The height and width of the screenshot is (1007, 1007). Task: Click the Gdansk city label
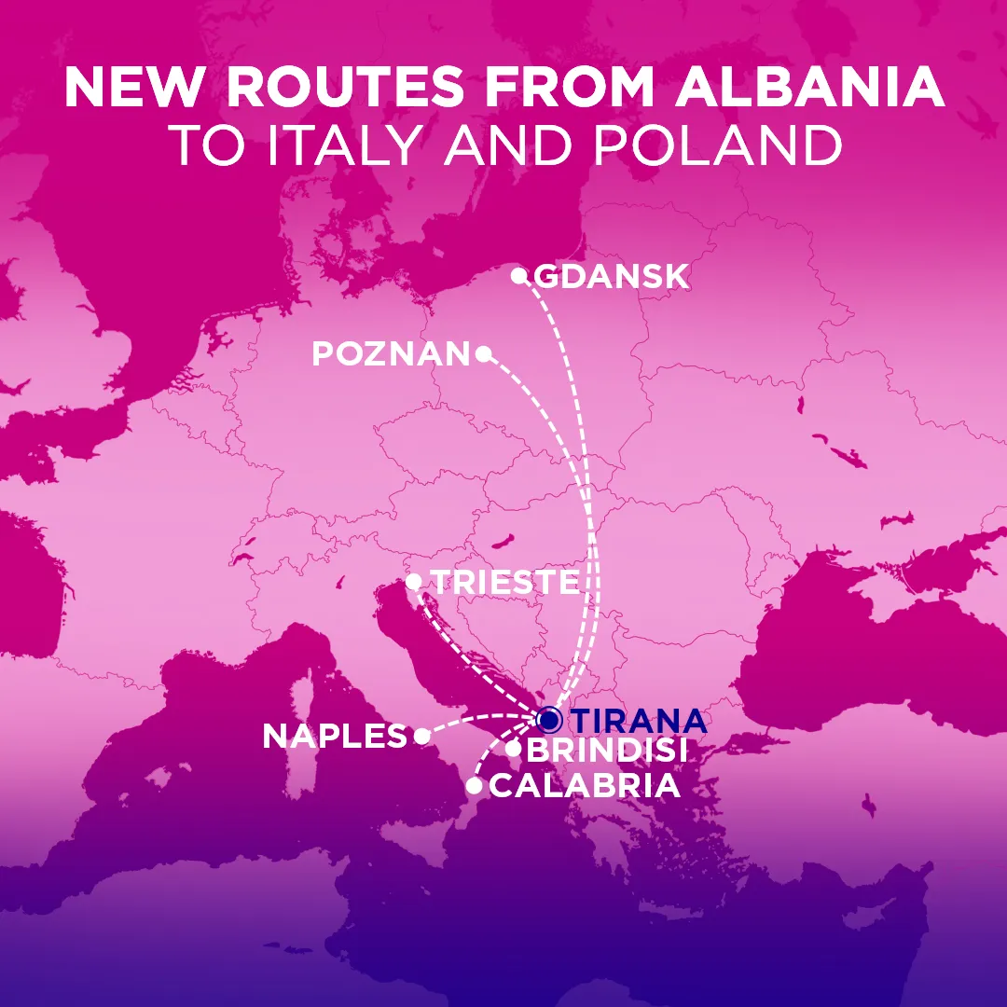612,277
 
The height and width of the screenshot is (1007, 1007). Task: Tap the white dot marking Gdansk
519,275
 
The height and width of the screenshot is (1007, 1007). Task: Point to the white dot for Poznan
483,353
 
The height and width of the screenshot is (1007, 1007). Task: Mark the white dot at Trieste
414,582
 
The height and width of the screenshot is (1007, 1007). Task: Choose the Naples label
335,737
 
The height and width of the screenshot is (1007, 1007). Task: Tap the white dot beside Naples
421,737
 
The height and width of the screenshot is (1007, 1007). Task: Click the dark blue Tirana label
638,721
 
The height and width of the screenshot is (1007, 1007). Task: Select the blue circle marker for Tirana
549,720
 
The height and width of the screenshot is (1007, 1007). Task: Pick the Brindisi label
607,750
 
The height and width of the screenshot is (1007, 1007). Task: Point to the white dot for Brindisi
513,748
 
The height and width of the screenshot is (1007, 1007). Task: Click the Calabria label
585,786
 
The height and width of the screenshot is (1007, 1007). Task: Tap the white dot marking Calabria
474,786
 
